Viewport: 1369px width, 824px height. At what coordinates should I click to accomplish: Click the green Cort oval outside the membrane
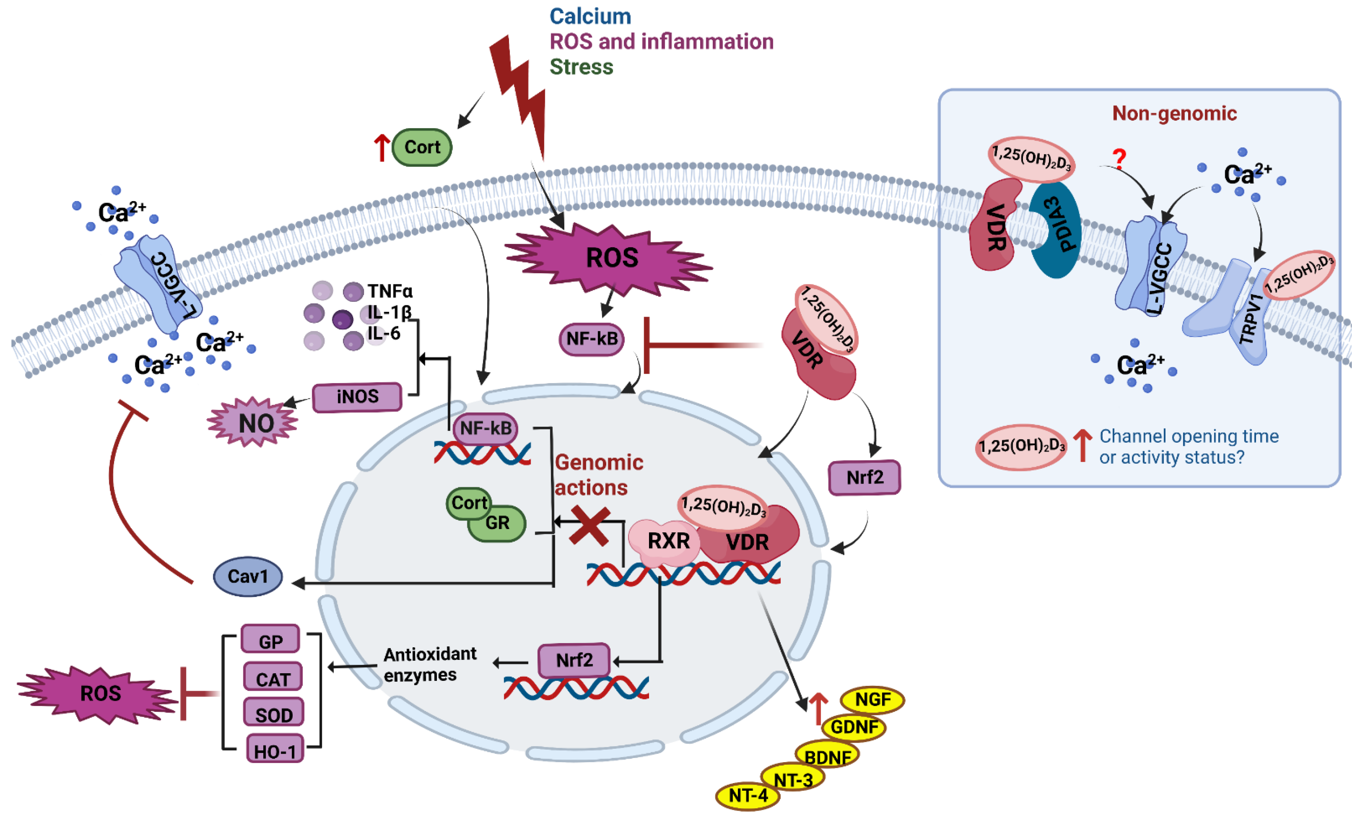pos(421,147)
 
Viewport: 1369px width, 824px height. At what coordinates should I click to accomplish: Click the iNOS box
pos(357,397)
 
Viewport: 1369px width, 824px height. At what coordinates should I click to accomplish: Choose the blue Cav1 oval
pos(248,576)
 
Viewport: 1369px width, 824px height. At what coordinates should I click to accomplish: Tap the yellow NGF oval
pos(872,700)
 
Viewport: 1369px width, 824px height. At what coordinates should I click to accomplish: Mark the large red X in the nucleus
pos(589,525)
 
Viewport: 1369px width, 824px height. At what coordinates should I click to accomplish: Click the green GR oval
pos(497,523)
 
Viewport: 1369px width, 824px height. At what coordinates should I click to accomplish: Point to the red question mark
pos(1119,159)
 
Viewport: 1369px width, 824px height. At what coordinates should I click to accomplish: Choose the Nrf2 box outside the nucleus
pos(864,477)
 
